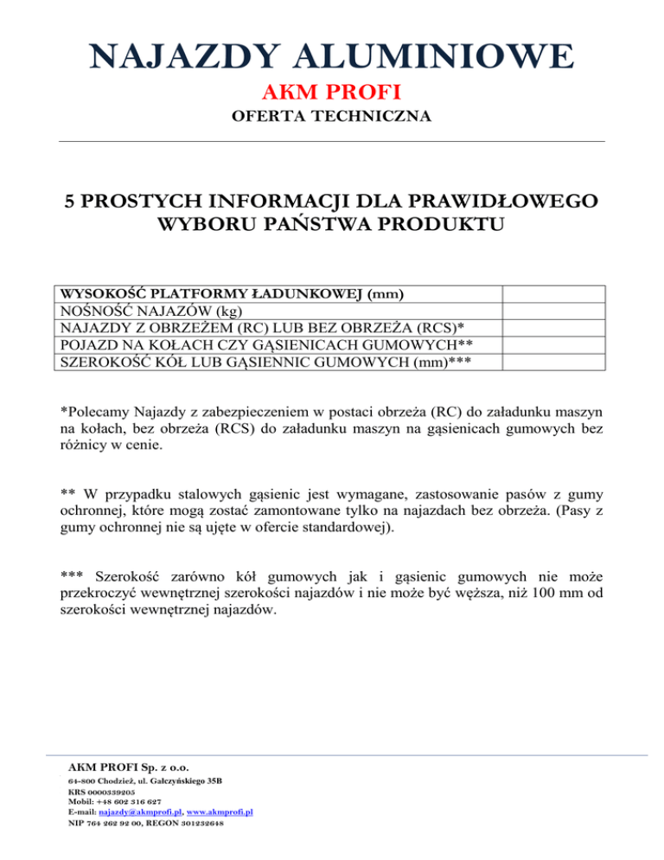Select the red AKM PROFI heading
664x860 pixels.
coord(331,92)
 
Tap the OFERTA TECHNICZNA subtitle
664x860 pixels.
coord(331,116)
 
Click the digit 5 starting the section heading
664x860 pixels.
coord(72,202)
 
